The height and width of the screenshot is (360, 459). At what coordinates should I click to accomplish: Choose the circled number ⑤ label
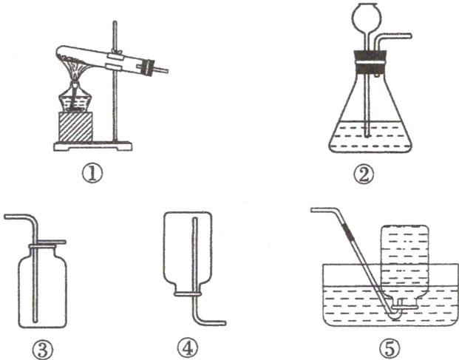[391, 345]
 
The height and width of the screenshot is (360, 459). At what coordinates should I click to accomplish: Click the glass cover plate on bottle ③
[47, 242]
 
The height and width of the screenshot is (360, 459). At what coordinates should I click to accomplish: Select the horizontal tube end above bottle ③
[9, 217]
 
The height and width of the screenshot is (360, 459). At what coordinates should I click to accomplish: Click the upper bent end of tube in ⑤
[316, 211]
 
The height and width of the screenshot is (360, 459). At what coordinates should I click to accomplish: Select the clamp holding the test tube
[115, 61]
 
